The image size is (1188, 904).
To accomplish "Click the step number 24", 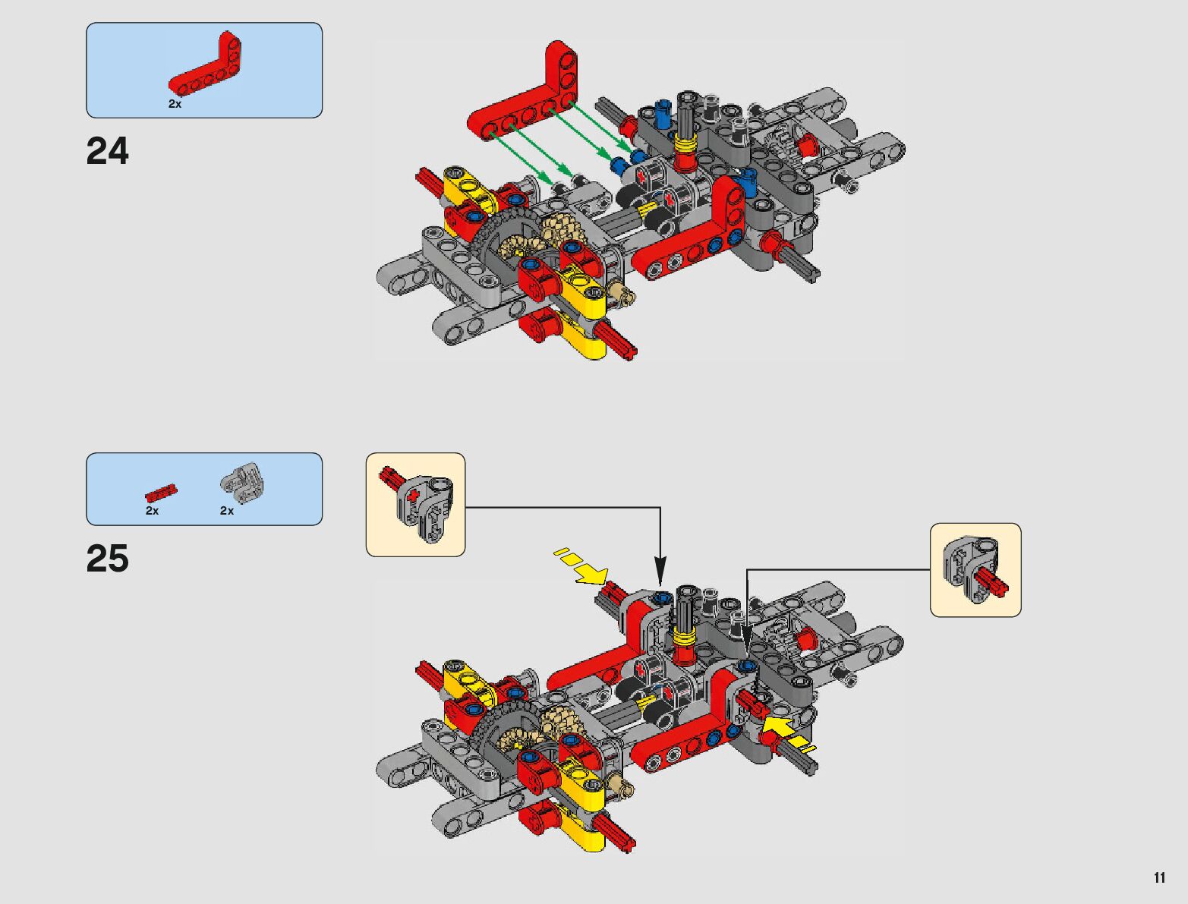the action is [x=108, y=151].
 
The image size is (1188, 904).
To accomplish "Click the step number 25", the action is [x=108, y=559].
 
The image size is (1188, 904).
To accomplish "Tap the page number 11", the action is [x=1158, y=877].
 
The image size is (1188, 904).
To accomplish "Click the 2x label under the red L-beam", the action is [x=175, y=104].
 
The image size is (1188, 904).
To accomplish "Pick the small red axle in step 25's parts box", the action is [x=161, y=493].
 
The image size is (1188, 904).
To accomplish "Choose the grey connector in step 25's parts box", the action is [x=241, y=483].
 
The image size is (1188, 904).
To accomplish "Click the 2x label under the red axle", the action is [x=153, y=511].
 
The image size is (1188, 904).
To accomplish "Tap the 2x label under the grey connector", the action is [x=227, y=511].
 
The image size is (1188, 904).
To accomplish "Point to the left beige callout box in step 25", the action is [x=415, y=505].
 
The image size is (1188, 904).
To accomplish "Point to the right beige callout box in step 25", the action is [x=975, y=569].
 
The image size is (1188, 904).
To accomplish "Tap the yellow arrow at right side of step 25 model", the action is [x=786, y=731].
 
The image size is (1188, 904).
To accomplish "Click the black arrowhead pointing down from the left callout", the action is [x=660, y=569].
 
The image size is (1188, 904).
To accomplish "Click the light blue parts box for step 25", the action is [x=204, y=489].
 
